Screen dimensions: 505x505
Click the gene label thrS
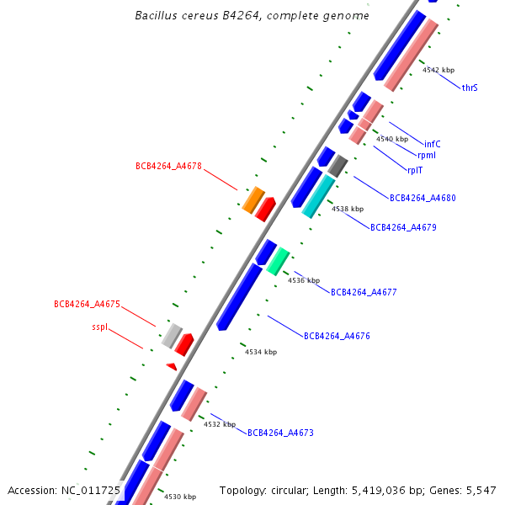click(x=470, y=88)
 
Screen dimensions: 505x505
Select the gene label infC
click(x=433, y=144)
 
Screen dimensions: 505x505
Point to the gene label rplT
click(x=415, y=170)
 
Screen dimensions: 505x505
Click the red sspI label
click(x=99, y=327)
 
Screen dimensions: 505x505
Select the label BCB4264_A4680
click(x=423, y=199)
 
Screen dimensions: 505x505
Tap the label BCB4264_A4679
click(x=403, y=227)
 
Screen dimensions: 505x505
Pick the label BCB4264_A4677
click(x=364, y=293)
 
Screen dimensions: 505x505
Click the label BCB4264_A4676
click(x=337, y=336)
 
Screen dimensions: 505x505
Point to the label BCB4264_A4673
click(x=280, y=433)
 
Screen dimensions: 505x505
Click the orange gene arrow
click(x=253, y=199)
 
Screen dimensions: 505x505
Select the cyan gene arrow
click(x=318, y=196)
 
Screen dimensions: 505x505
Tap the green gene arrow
click(x=278, y=261)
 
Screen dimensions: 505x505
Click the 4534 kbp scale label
click(x=261, y=352)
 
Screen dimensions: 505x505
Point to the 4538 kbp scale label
click(x=348, y=209)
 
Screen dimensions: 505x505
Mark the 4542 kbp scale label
click(x=438, y=71)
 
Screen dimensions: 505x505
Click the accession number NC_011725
click(x=91, y=490)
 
